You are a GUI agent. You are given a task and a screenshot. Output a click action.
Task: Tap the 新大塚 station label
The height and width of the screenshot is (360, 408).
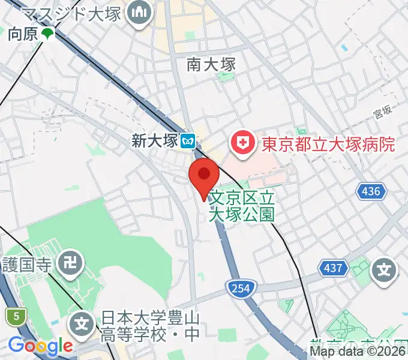[155, 141]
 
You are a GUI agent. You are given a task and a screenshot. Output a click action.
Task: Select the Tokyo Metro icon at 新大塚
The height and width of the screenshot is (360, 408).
[190, 142]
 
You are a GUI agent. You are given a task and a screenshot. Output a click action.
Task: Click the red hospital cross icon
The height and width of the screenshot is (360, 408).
[243, 144]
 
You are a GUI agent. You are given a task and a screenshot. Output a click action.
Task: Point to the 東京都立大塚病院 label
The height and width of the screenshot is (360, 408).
[328, 145]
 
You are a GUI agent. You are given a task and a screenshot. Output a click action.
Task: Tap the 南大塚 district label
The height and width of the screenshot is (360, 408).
[211, 64]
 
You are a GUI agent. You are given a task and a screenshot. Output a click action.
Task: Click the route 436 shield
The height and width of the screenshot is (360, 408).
[370, 192]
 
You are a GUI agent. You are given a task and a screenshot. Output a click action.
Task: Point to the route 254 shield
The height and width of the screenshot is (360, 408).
[238, 289]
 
